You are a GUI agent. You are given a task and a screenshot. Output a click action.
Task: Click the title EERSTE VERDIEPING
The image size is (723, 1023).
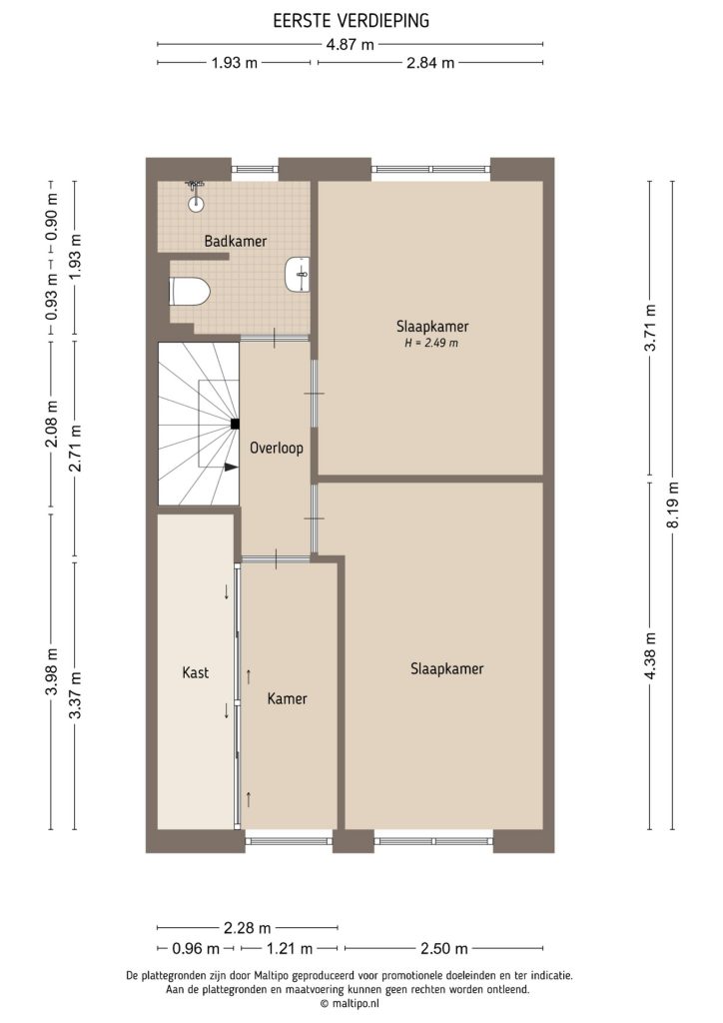click(x=351, y=20)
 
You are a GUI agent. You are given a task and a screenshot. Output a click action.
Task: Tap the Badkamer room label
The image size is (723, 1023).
click(x=236, y=241)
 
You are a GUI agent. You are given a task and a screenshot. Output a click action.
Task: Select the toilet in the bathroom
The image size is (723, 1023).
click(x=190, y=291)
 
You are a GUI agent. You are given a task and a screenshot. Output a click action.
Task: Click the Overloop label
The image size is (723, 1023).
click(x=277, y=449)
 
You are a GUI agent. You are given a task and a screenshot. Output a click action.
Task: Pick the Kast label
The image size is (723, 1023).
click(x=196, y=672)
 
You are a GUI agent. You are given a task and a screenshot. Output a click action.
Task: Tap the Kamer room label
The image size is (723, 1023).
click(x=288, y=698)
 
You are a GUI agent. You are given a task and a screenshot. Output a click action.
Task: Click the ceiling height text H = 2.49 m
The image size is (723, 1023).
click(x=431, y=343)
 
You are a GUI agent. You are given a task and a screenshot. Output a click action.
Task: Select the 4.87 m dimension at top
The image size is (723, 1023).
click(x=351, y=44)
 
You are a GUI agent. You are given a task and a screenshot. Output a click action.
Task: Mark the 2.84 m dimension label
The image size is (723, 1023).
click(x=430, y=62)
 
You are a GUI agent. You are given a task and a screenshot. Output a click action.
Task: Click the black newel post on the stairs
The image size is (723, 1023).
click(x=235, y=424)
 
